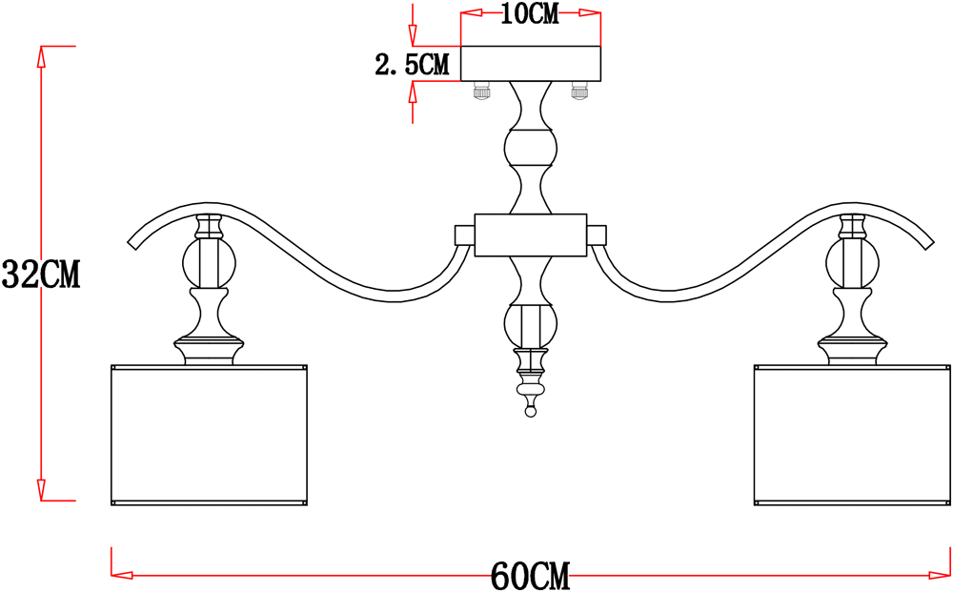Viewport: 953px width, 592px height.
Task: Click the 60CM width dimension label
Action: (530, 576)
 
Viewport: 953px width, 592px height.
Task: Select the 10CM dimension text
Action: (530, 14)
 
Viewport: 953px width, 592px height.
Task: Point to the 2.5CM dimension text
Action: (411, 65)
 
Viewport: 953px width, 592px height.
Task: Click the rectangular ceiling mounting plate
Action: (531, 63)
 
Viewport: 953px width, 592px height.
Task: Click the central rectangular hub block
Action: (531, 235)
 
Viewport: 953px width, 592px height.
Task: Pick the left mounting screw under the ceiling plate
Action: (482, 92)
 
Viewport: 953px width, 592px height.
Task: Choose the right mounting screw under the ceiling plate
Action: (578, 92)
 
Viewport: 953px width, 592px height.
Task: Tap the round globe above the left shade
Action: (208, 262)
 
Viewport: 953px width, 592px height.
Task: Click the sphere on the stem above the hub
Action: (531, 148)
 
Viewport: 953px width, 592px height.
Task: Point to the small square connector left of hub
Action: (464, 235)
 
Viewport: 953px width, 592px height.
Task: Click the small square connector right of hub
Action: (598, 235)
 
